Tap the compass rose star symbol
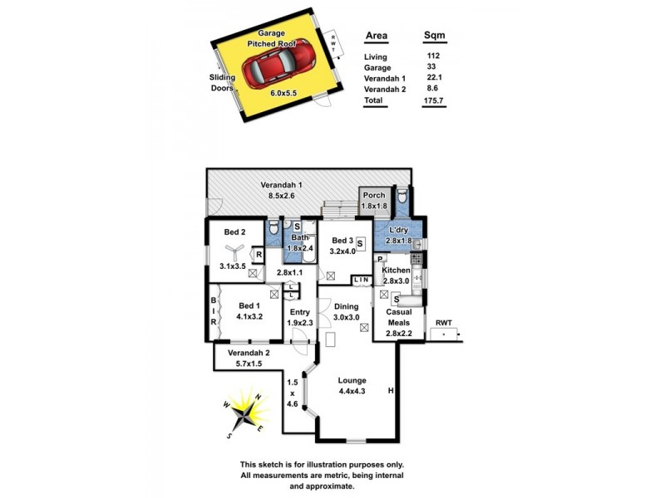coord(244,411)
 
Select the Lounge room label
coord(352,380)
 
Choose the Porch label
coord(374,195)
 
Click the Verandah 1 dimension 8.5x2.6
coord(282,196)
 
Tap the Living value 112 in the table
coord(432,56)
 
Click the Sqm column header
coord(433,37)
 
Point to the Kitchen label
coord(397,271)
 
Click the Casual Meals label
coord(398,317)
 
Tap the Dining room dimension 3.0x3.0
coord(346,317)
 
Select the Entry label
coord(299,312)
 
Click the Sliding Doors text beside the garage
coord(222,82)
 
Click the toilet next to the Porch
coord(402,196)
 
